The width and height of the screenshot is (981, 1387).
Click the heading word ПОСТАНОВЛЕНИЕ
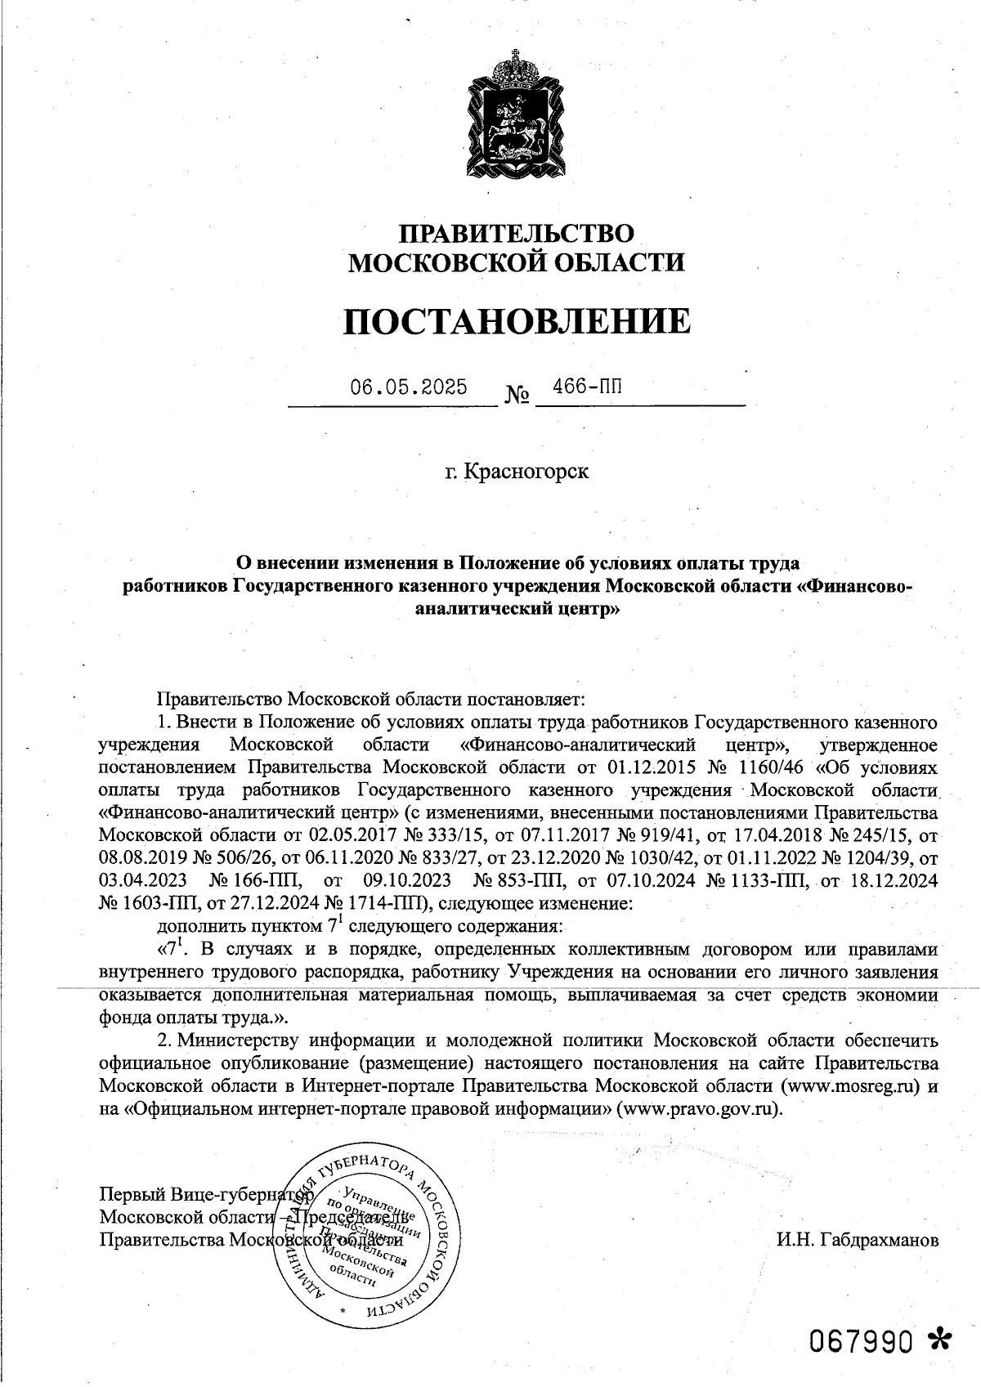click(x=516, y=321)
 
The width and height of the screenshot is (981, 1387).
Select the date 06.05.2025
click(x=409, y=387)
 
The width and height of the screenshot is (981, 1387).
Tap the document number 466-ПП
click(x=587, y=386)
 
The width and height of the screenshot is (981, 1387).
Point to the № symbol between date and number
click(x=516, y=396)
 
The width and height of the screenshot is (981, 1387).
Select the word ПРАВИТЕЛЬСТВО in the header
click(x=516, y=234)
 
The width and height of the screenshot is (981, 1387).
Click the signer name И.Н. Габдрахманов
click(x=858, y=1240)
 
